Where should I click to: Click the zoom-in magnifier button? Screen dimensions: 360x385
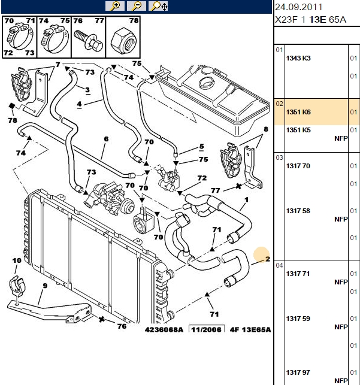tap(114, 6)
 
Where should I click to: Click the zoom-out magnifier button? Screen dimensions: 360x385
tap(137, 6)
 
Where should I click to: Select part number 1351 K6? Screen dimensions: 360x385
tap(298, 112)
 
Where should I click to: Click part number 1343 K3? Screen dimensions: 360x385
tap(298, 58)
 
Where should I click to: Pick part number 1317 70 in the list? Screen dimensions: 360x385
tap(298, 166)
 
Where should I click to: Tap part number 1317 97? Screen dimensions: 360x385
tap(298, 372)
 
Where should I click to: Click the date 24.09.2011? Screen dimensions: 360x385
tap(298, 7)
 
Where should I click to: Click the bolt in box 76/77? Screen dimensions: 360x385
tap(88, 40)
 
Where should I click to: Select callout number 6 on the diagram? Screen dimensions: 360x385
tap(106, 139)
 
